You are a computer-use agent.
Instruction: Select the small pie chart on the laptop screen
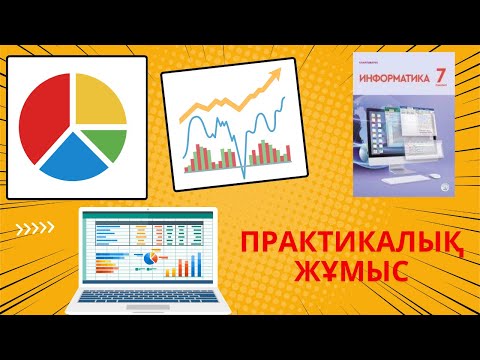coord(153,259)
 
